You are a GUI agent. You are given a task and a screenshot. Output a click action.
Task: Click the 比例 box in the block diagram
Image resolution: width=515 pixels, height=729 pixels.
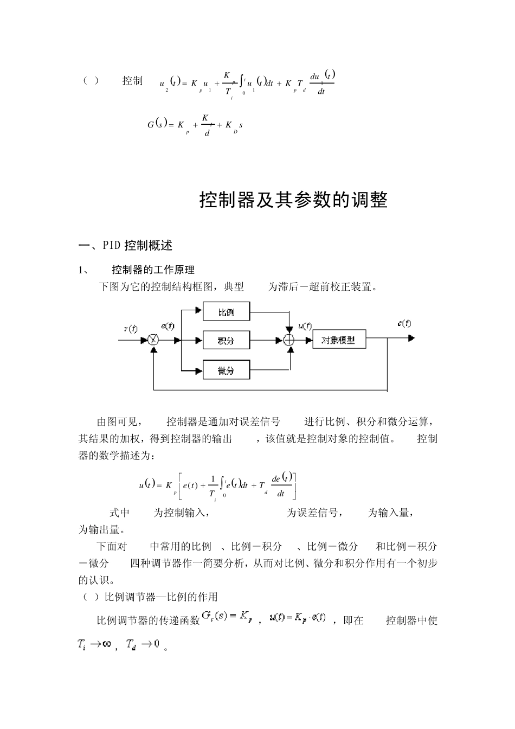tap(227, 312)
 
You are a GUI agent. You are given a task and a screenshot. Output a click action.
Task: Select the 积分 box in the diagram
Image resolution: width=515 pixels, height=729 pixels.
tap(227, 341)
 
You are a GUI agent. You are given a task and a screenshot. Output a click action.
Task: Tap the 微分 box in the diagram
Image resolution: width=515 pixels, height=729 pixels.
tap(227, 370)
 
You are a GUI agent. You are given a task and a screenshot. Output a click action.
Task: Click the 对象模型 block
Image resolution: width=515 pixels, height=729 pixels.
tap(339, 340)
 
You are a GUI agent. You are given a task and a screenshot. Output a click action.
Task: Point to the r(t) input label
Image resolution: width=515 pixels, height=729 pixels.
tap(131, 329)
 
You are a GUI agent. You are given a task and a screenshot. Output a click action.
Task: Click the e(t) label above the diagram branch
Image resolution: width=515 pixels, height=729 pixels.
tap(168, 326)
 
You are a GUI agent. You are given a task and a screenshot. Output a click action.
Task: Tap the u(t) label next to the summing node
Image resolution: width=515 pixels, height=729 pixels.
tap(305, 326)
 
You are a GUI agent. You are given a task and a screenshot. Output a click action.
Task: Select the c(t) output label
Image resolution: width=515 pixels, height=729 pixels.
tap(404, 323)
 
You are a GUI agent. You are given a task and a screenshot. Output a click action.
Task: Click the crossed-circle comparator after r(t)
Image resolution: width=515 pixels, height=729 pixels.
tap(154, 340)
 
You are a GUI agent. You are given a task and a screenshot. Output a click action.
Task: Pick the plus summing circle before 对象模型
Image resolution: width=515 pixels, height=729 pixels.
tap(289, 340)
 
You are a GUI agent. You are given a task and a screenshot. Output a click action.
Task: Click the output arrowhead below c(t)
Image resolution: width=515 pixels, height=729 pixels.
tap(411, 338)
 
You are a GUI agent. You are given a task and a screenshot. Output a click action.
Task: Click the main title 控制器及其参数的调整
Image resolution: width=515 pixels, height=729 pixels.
tap(293, 200)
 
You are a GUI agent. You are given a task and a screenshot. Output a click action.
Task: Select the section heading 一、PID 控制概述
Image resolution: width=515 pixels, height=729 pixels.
tap(126, 246)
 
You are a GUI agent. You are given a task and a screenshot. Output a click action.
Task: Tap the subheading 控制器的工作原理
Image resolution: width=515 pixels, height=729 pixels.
tap(153, 270)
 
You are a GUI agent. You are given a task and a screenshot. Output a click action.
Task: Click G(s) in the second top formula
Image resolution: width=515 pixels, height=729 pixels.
tap(155, 125)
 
